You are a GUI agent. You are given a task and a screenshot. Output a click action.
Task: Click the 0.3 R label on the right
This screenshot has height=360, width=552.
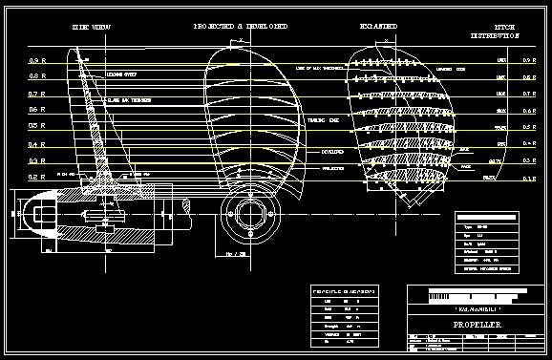pyautogui.click(x=530, y=161)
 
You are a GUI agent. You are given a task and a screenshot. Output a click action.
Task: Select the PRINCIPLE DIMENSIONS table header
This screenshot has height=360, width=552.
pyautogui.click(x=343, y=289)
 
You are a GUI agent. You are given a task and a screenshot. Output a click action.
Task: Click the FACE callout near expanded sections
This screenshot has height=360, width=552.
pyautogui.click(x=465, y=165)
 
